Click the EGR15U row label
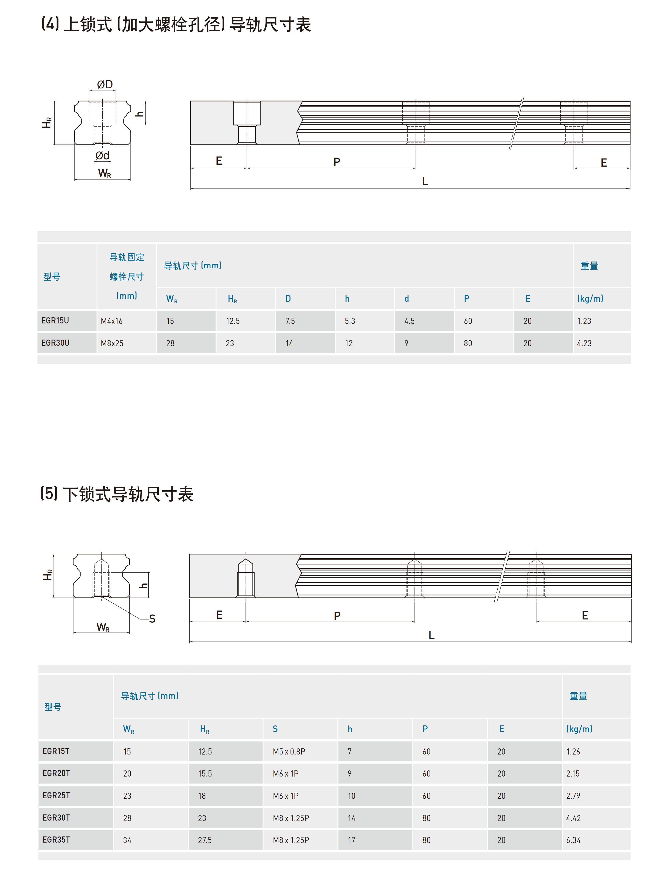pos(55,320)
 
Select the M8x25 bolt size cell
pos(112,343)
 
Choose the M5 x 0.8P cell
pos(289,752)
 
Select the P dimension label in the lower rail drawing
pos(337,616)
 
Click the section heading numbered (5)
pos(117,494)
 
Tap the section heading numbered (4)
pos(176,24)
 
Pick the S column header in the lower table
pos(275,729)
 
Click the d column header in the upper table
pos(406,298)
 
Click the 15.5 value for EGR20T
pos(205,774)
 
